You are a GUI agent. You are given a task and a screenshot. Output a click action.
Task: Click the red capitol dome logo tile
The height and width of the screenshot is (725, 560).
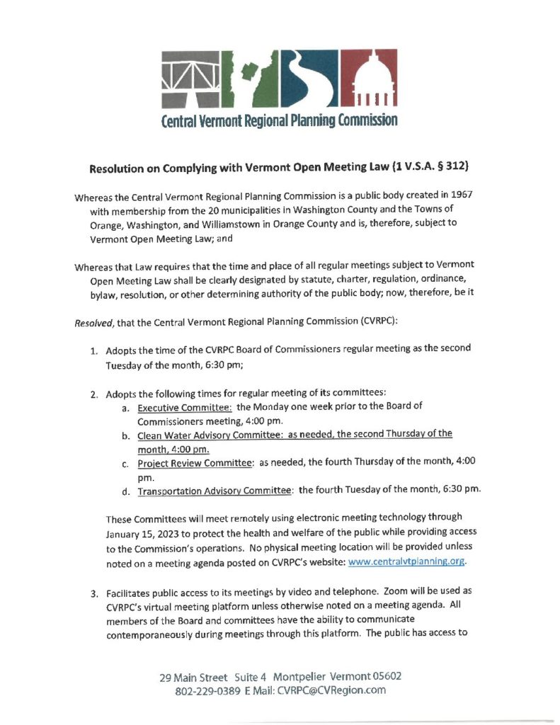click(370, 77)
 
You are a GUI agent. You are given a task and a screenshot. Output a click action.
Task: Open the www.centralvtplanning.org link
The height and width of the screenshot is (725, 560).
click(407, 563)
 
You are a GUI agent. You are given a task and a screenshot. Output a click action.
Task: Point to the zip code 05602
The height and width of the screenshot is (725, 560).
click(383, 676)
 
